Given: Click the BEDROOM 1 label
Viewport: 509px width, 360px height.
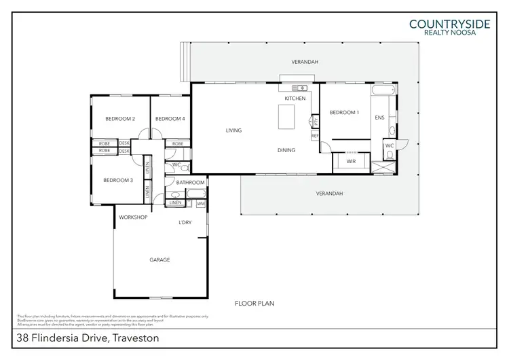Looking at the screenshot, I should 343,113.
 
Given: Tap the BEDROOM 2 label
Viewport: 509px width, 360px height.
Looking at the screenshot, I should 119,119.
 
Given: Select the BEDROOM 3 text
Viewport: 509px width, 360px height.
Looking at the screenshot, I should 117,180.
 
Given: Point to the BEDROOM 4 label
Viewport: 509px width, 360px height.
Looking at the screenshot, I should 170,119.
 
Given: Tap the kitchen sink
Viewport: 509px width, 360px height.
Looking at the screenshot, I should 299,88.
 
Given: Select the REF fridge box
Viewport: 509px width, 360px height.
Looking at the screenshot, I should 315,136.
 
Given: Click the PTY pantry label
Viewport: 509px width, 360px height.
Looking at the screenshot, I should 314,122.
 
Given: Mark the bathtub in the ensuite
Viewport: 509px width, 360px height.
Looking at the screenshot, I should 381,90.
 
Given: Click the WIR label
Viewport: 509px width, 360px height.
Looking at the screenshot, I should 351,162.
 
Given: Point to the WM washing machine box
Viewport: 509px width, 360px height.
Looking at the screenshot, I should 201,202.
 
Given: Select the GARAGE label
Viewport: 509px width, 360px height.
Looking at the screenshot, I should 159,259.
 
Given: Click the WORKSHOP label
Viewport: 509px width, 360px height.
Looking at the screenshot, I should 133,217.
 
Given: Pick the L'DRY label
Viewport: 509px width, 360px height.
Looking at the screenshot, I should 185,222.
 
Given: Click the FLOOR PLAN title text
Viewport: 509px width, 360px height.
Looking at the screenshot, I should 254,304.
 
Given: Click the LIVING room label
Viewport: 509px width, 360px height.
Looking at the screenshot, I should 233,130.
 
